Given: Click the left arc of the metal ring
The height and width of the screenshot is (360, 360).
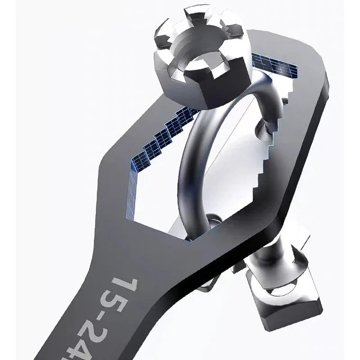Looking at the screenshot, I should (x=189, y=180).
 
